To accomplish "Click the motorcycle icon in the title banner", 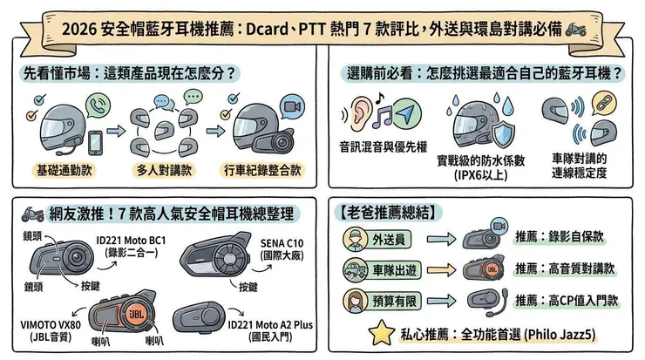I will pos(576,29).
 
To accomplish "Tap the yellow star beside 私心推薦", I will pos(379,333).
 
